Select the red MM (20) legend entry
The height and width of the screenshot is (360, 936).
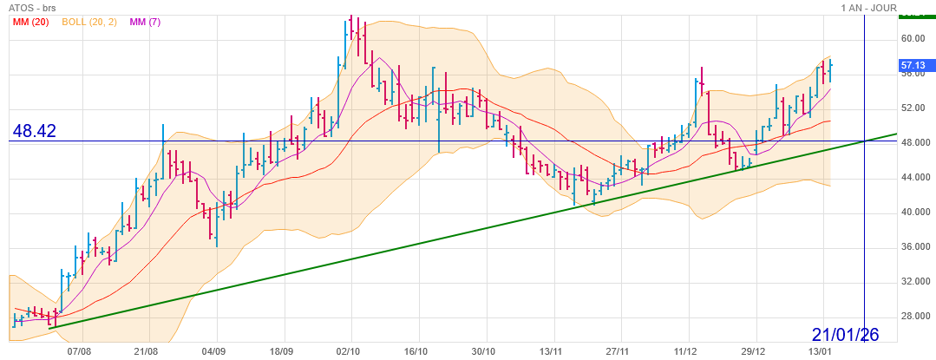[x=30, y=22]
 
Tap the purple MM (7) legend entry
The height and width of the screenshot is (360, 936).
[x=145, y=22]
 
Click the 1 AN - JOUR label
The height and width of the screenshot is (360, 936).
[x=868, y=8]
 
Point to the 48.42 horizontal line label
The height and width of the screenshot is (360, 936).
[x=35, y=131]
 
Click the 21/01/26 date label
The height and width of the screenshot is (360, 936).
[x=846, y=334]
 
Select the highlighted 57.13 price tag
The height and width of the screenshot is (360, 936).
[x=913, y=65]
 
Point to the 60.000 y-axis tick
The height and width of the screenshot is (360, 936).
[x=913, y=38]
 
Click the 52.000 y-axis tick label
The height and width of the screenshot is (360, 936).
[x=913, y=108]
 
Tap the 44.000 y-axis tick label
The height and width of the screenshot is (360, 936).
[x=913, y=177]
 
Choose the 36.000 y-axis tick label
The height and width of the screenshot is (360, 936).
[x=913, y=246]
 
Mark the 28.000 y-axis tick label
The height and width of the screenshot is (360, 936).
[x=913, y=316]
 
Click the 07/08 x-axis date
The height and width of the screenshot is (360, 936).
[x=79, y=352]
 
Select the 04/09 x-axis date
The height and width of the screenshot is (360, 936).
[x=213, y=352]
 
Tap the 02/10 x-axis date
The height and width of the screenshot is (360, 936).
[x=349, y=352]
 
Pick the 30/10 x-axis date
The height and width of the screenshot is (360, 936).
[x=483, y=352]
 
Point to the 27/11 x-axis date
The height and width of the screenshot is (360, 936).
[x=618, y=352]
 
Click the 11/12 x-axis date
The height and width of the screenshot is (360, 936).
[x=685, y=352]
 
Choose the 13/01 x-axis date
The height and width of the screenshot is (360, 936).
[x=821, y=352]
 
